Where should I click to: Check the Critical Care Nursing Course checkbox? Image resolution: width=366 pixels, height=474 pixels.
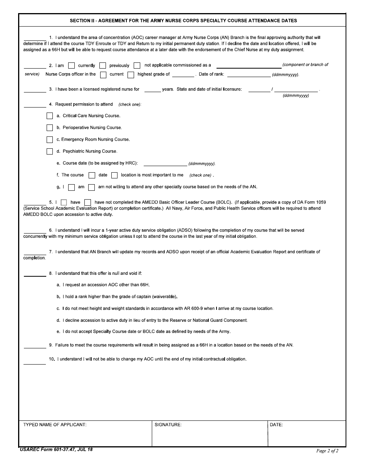(50, 116)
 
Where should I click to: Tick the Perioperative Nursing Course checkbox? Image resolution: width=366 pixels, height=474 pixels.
(50, 128)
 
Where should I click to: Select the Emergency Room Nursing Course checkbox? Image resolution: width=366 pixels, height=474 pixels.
(50, 140)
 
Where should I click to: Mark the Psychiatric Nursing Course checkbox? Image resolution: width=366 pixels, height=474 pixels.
(50, 151)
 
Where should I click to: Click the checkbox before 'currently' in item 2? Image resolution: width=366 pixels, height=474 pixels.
(71, 66)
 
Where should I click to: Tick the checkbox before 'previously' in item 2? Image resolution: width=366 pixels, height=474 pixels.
(102, 66)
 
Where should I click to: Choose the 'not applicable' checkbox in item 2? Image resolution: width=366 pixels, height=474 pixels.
(137, 66)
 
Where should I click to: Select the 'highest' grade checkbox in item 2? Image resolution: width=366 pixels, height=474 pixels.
(131, 74)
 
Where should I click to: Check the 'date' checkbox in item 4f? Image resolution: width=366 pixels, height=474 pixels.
(92, 175)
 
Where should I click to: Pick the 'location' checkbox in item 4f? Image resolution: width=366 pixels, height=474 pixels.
(114, 175)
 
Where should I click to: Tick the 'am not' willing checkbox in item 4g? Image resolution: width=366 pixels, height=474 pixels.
(91, 187)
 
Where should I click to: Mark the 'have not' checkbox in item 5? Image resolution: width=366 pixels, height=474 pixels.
(87, 202)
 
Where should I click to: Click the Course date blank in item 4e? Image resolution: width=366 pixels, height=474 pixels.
(165, 163)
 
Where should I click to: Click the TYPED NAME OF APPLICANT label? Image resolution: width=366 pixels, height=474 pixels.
(55, 425)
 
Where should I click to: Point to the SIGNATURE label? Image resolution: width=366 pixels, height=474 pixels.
(168, 425)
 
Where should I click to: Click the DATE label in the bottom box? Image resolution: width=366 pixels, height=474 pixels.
(276, 425)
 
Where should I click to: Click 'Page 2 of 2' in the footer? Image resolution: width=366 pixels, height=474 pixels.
(327, 450)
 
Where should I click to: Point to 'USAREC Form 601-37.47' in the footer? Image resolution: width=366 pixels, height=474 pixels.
(47, 449)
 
